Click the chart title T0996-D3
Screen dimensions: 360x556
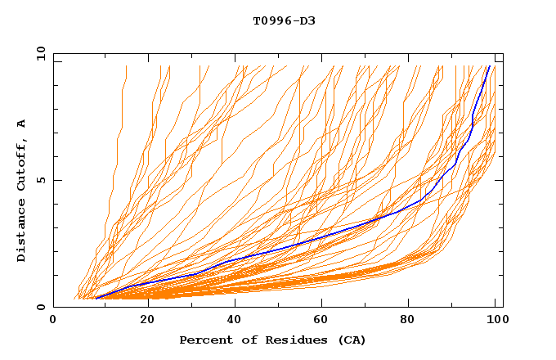point(284,20)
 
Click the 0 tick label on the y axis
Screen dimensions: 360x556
point(41,308)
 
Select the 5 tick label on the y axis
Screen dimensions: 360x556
point(41,180)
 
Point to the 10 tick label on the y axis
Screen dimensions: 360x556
point(38,53)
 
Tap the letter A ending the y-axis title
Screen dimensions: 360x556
point(21,124)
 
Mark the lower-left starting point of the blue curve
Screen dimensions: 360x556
point(96,299)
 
